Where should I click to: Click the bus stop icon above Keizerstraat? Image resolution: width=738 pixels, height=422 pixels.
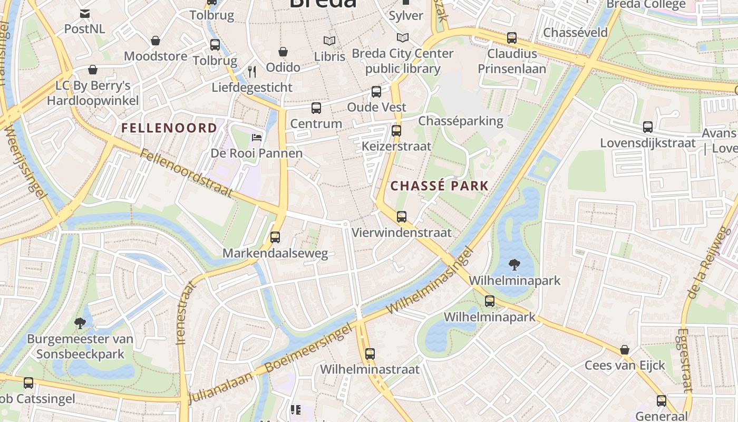coord(396,130)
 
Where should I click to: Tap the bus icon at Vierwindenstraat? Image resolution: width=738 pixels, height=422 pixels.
coord(402,217)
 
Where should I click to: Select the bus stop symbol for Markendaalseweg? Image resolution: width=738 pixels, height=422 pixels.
coord(275,237)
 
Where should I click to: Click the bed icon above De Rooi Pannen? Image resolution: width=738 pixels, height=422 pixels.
coord(257,138)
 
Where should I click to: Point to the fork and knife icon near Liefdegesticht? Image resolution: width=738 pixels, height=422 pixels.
coord(252,72)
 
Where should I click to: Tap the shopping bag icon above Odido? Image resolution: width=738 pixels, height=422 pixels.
coord(283,52)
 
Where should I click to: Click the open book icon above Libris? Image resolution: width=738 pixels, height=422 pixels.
coord(329,41)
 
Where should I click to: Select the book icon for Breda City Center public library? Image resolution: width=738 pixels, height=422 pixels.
coord(403,38)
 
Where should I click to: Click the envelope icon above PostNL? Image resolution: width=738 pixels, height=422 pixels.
coord(84,13)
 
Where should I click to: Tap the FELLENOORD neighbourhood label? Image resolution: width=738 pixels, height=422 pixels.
coord(169,128)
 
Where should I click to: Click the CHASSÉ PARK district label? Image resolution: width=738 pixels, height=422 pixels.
coord(440,186)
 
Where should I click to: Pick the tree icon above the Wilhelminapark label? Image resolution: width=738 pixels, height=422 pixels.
coord(514,264)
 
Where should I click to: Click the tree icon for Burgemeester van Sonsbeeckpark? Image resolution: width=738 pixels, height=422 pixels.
coord(80,323)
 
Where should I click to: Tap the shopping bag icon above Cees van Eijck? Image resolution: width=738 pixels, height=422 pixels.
coord(625,350)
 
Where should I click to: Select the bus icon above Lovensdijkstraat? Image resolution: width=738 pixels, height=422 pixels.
coord(648,127)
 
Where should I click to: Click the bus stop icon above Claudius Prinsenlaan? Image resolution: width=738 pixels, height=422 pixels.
coord(512,38)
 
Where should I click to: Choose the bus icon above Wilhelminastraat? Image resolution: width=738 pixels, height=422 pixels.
coord(370,354)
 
